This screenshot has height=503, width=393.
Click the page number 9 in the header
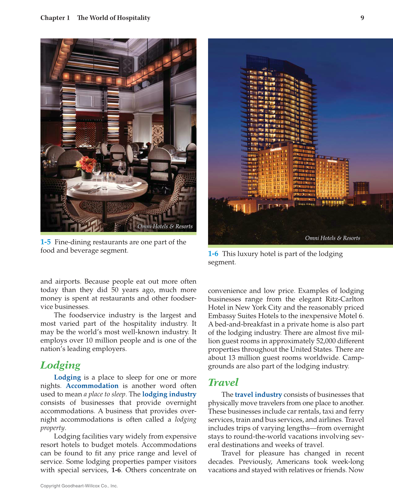coord(362,18)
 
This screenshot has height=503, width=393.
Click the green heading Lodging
coord(61,365)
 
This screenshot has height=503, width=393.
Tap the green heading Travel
coord(223,382)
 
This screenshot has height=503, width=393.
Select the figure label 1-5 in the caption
coord(46,242)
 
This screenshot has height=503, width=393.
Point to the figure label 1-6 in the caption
coord(213,254)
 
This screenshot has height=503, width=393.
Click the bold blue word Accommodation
coord(92,386)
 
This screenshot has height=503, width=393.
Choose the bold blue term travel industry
coord(258,395)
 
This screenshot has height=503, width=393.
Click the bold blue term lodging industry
coord(169,394)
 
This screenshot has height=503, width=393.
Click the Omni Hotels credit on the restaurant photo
coord(165,227)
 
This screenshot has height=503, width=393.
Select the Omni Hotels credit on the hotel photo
coord(332,238)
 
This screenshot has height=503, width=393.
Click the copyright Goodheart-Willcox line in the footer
coord(79,486)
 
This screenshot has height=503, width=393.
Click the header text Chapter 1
coord(55,18)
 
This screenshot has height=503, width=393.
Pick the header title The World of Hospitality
coord(114,18)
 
